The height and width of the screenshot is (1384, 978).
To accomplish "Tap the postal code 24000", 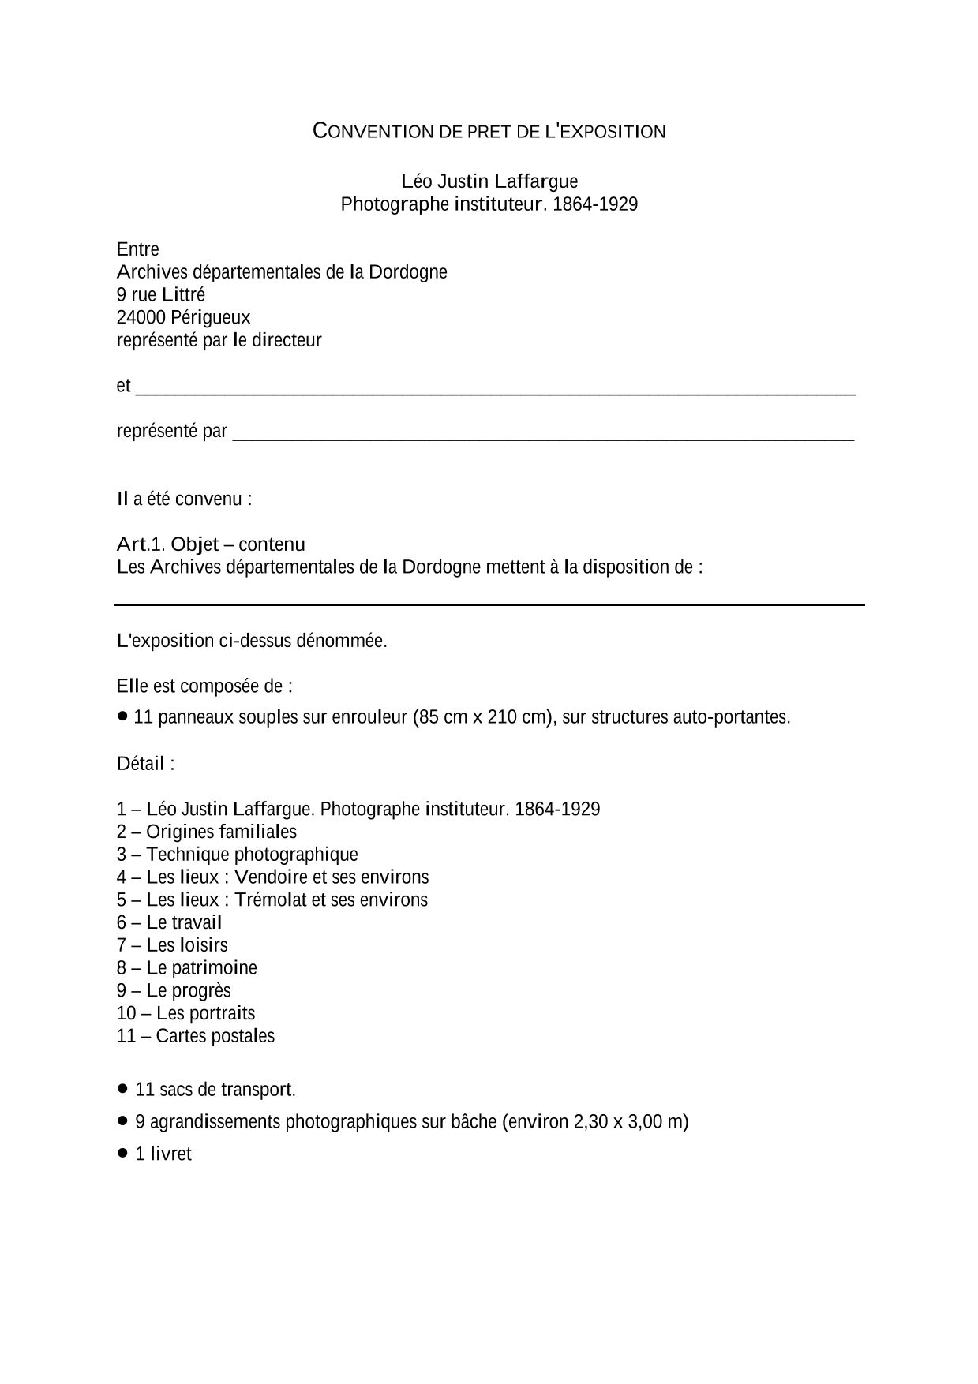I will pos(141,317).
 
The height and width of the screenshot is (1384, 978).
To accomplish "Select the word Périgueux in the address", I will pos(210,317).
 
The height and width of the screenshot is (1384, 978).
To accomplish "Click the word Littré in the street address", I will pos(183,294).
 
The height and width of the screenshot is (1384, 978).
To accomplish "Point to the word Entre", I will pos(138,249).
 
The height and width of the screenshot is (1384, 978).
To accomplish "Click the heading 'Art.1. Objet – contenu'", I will pos(211,544).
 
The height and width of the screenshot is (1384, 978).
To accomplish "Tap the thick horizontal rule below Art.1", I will pos(489,604).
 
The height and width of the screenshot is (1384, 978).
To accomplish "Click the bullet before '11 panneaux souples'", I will pos(122,716).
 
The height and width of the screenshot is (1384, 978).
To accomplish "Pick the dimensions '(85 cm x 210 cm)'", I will pos(482,717).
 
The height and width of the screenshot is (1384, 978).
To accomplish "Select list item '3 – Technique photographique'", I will pos(237,855).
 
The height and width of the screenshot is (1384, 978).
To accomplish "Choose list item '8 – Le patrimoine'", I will pos(187,968).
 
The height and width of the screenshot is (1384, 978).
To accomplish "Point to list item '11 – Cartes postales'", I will pos(196,1036).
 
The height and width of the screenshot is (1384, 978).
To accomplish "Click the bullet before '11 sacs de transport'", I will pos(122,1088).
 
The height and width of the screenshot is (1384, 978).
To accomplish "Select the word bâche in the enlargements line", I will pos(474,1122).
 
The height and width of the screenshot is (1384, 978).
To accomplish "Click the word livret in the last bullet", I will pos(170,1154).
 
